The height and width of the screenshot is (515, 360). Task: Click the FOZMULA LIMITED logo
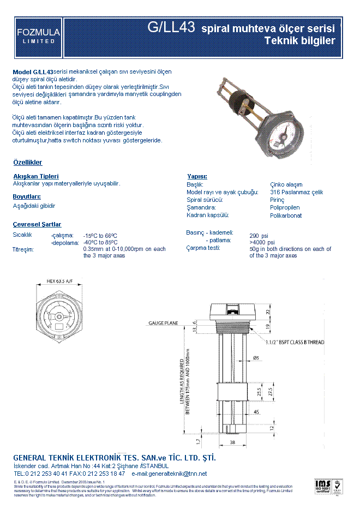click(38, 36)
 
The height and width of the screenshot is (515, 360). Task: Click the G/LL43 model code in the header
click(171, 28)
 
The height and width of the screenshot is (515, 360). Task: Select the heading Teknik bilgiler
click(299, 41)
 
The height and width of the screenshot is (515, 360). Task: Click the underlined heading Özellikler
click(27, 163)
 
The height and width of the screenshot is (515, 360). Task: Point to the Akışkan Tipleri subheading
click(35, 176)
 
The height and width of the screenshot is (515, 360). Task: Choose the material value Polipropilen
click(285, 208)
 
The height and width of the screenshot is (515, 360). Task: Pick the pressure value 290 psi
click(259, 236)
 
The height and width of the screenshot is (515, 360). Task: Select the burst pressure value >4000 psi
click(262, 242)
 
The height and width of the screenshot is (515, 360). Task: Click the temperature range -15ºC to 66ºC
click(100, 236)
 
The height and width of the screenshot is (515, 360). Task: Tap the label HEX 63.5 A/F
click(59, 282)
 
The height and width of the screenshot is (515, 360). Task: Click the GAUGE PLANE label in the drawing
click(163, 324)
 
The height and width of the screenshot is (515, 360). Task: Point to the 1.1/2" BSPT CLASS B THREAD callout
click(295, 343)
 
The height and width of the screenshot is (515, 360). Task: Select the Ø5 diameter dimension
click(256, 358)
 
